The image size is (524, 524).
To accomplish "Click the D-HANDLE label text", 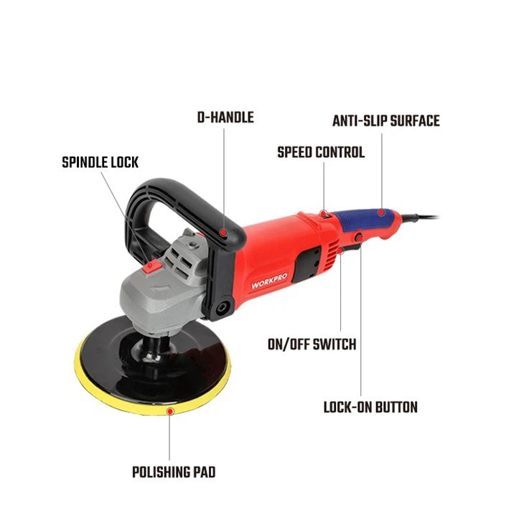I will (x=225, y=117).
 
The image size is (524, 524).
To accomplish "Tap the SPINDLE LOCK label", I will (x=100, y=162).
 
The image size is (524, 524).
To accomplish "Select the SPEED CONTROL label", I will (x=321, y=152).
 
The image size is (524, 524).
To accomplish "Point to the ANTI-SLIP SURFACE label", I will (x=385, y=121).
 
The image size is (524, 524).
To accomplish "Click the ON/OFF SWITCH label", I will (x=312, y=345).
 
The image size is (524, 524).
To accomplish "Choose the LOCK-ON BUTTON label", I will (x=370, y=408).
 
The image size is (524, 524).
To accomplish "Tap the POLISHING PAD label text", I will (x=174, y=472).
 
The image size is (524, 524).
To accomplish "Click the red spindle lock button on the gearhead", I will (x=151, y=268).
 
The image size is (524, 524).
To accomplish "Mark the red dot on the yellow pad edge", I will (x=169, y=411).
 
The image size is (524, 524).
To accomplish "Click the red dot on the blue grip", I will (x=381, y=212).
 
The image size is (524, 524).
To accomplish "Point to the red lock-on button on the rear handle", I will (x=357, y=238).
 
